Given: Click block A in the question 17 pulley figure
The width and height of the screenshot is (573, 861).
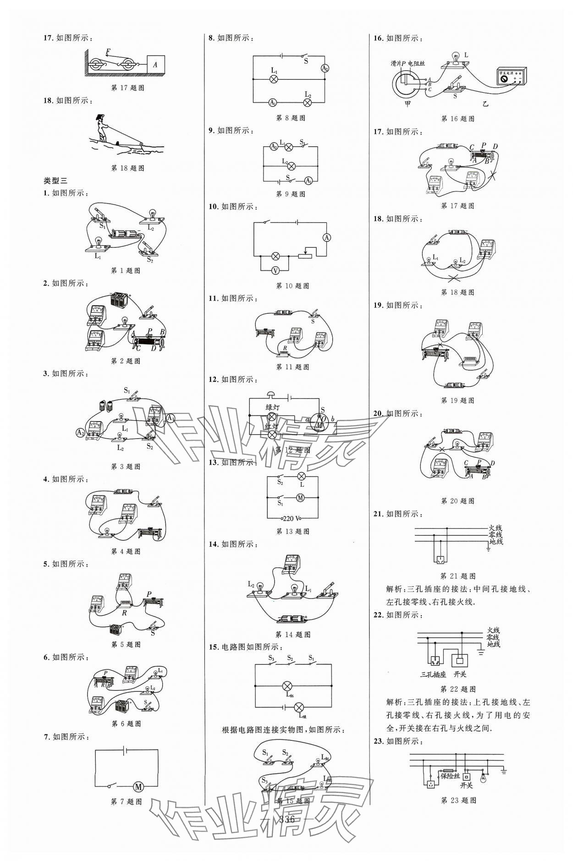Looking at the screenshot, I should [x=155, y=65].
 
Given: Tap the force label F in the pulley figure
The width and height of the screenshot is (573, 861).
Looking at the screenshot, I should [x=108, y=51].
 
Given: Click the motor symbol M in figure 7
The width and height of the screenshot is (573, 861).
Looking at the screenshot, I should [x=138, y=787].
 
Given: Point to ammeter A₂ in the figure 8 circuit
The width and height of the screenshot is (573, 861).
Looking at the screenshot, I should [x=325, y=68].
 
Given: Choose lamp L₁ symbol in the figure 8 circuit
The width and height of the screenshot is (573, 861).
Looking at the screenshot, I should [x=274, y=79].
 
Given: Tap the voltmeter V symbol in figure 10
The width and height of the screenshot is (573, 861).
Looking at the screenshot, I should [x=275, y=271].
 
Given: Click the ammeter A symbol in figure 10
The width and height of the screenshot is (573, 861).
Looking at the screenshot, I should [x=326, y=237].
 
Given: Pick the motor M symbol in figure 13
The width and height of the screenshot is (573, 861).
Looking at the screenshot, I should [x=300, y=497].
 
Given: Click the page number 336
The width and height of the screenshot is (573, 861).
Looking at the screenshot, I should [x=286, y=819].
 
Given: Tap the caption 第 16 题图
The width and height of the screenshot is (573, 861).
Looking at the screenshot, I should [x=457, y=119].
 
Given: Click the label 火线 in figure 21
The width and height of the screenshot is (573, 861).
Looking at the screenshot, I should [x=495, y=528].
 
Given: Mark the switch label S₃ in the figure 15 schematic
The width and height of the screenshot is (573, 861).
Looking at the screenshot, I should [x=271, y=659].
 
